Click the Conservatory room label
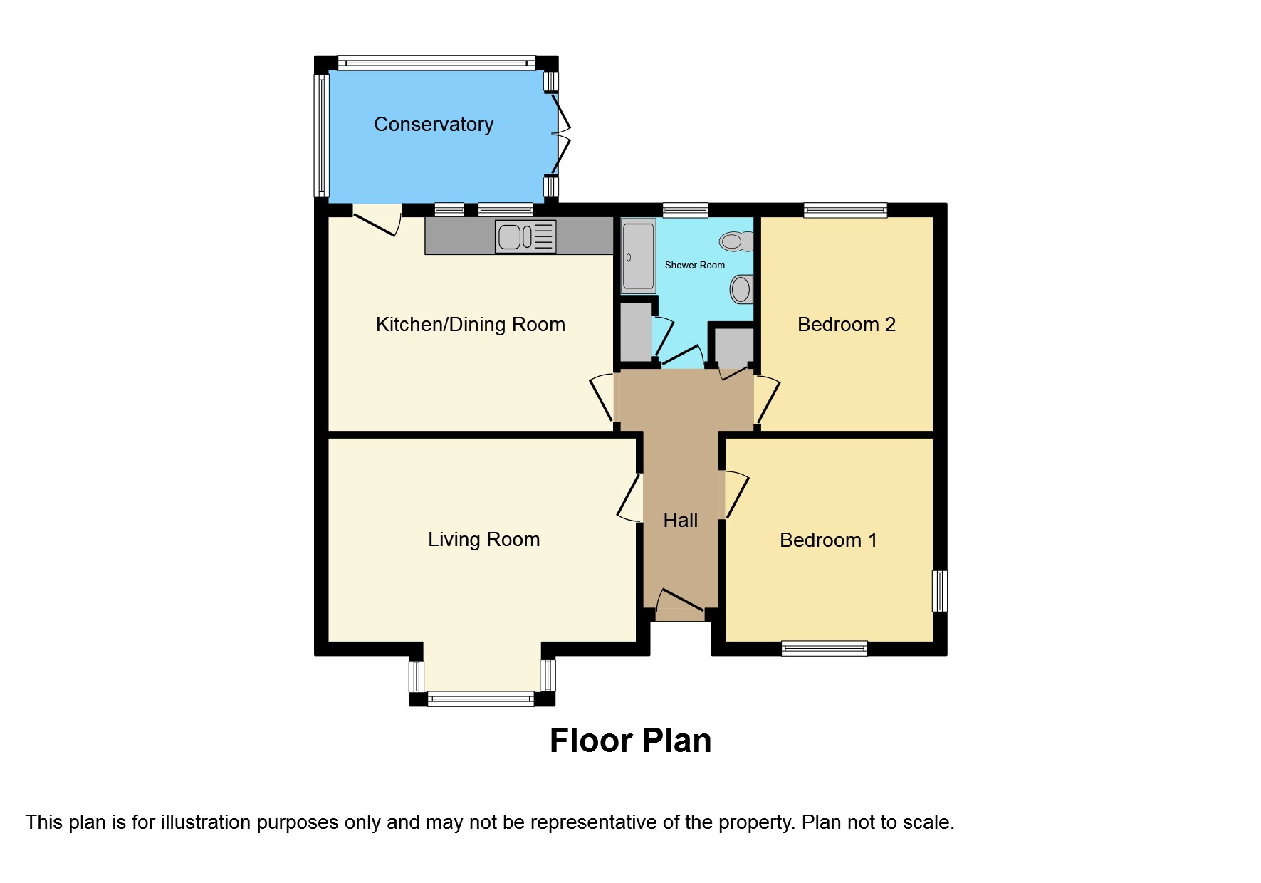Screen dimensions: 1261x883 (x=434, y=125)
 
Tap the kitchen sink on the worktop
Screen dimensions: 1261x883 (x=525, y=237)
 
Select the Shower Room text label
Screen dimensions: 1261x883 (x=695, y=265)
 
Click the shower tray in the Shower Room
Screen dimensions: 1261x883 (x=638, y=256)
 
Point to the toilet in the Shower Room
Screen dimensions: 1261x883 (x=736, y=241)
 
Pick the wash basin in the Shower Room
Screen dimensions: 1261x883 (x=741, y=289)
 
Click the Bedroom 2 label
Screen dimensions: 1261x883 (x=846, y=325)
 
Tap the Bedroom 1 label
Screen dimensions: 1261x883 (x=828, y=540)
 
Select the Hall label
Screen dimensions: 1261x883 (x=680, y=521)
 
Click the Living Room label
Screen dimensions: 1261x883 (x=483, y=540)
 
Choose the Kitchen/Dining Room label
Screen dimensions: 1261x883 (x=470, y=325)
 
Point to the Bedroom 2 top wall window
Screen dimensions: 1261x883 (x=845, y=210)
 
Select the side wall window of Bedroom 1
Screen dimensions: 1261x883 (x=940, y=591)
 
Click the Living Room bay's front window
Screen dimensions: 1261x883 (x=481, y=699)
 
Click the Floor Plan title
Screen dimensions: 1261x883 (x=630, y=741)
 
